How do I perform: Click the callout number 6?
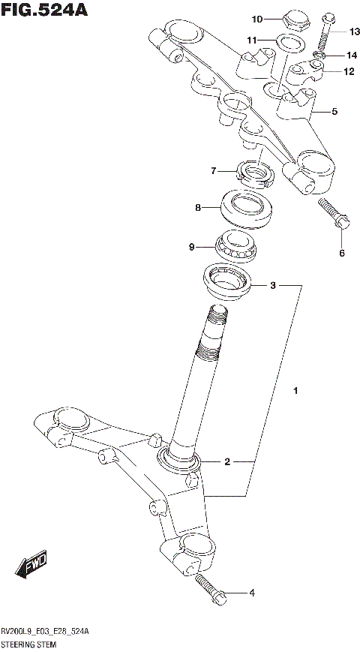point(341,253)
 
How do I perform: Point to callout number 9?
point(192,246)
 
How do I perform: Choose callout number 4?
point(251,593)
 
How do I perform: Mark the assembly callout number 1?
point(296,391)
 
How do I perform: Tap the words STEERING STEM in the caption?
point(29,644)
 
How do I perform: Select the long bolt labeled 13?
point(326,34)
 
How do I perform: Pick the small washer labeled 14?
point(319,55)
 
